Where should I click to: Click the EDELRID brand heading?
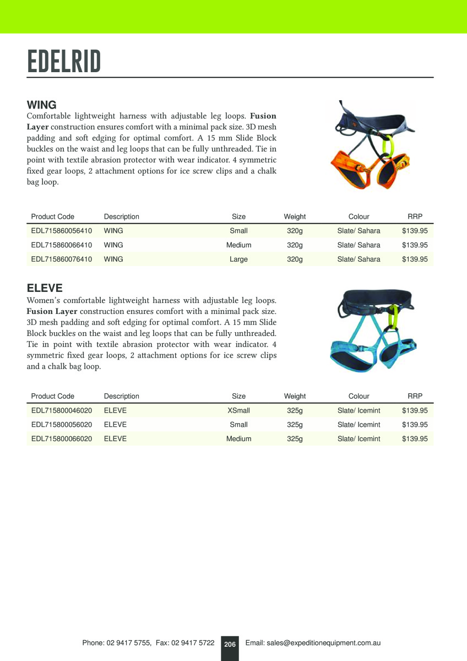64,61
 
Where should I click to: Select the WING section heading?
42,105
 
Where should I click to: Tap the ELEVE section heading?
45,288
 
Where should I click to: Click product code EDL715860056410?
62,231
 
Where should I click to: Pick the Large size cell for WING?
238,259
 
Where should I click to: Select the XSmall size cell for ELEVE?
238,410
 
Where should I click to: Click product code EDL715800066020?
62,439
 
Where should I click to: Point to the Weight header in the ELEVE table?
295,396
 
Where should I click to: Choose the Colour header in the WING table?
359,216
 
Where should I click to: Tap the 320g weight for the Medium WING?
295,245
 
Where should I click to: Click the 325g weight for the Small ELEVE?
295,425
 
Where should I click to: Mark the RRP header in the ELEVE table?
415,396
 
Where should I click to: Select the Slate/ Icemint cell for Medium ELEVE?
359,439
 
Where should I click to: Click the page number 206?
230,644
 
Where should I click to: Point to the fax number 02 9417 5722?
193,643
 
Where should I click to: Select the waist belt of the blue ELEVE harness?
374,298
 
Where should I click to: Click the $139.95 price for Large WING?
415,259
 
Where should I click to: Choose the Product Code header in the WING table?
53,216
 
